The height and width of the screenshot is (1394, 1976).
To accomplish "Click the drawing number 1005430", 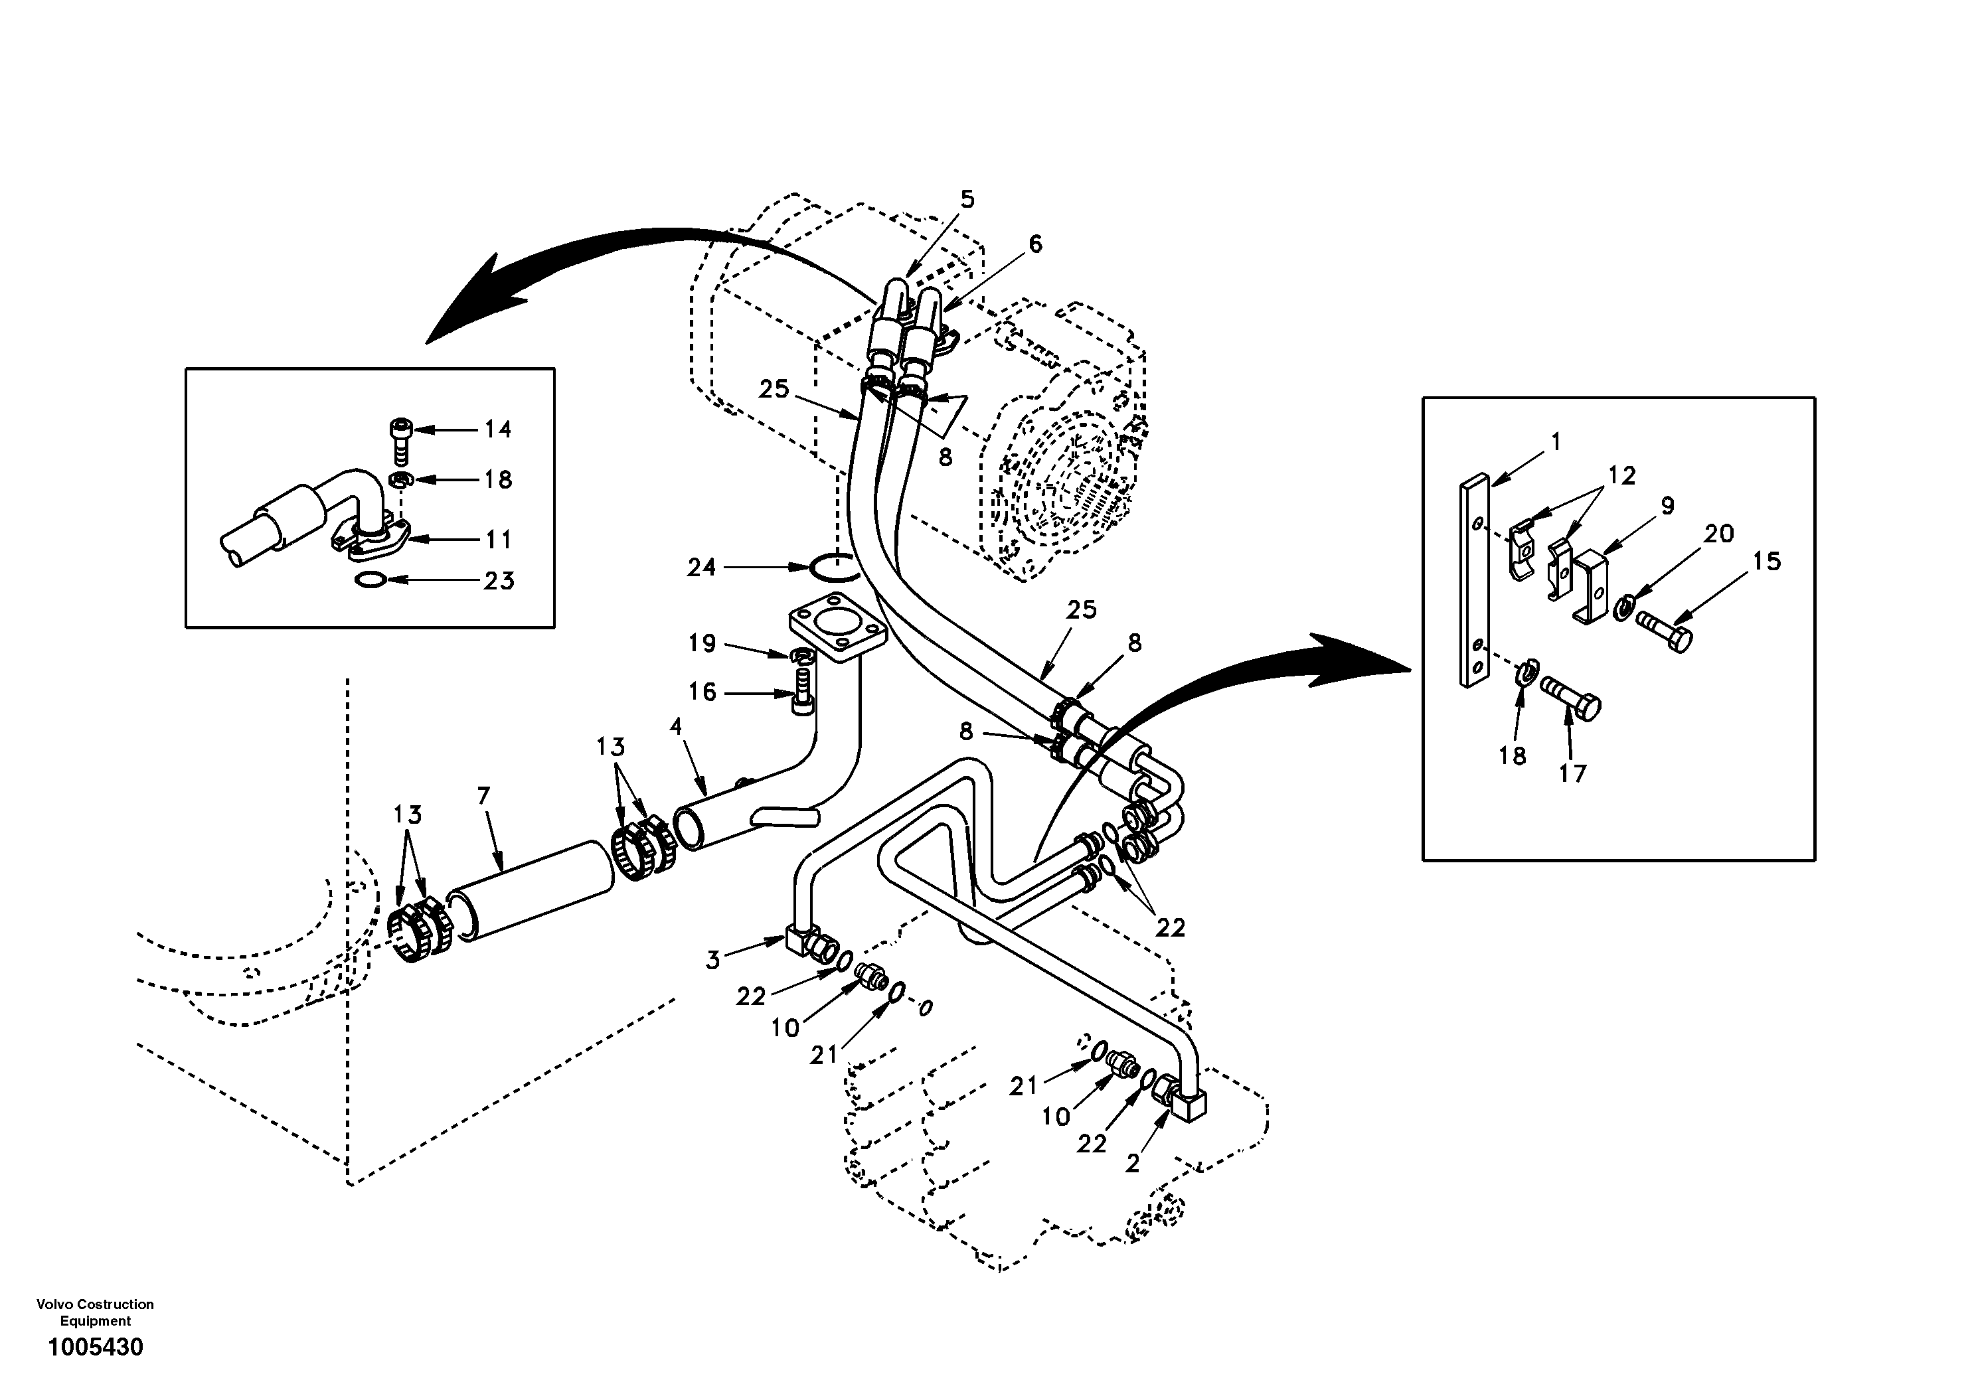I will pyautogui.click(x=96, y=1347).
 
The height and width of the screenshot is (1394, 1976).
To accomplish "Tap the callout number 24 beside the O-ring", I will pyautogui.click(x=701, y=567).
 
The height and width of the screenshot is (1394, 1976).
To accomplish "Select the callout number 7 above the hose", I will pyautogui.click(x=483, y=796).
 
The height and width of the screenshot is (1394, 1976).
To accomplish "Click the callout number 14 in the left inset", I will pyautogui.click(x=497, y=429).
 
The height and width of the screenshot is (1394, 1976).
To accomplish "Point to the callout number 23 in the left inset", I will pyautogui.click(x=498, y=581).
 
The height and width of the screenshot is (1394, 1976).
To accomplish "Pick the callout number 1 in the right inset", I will pyautogui.click(x=1555, y=442).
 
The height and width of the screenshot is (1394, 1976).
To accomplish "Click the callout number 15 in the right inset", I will pyautogui.click(x=1767, y=562).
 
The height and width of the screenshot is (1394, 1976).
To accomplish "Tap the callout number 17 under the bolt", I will pyautogui.click(x=1572, y=773).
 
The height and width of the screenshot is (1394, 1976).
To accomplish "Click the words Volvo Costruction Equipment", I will pyautogui.click(x=95, y=1312).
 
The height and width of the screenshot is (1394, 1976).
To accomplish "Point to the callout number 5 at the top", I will pyautogui.click(x=967, y=200).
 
